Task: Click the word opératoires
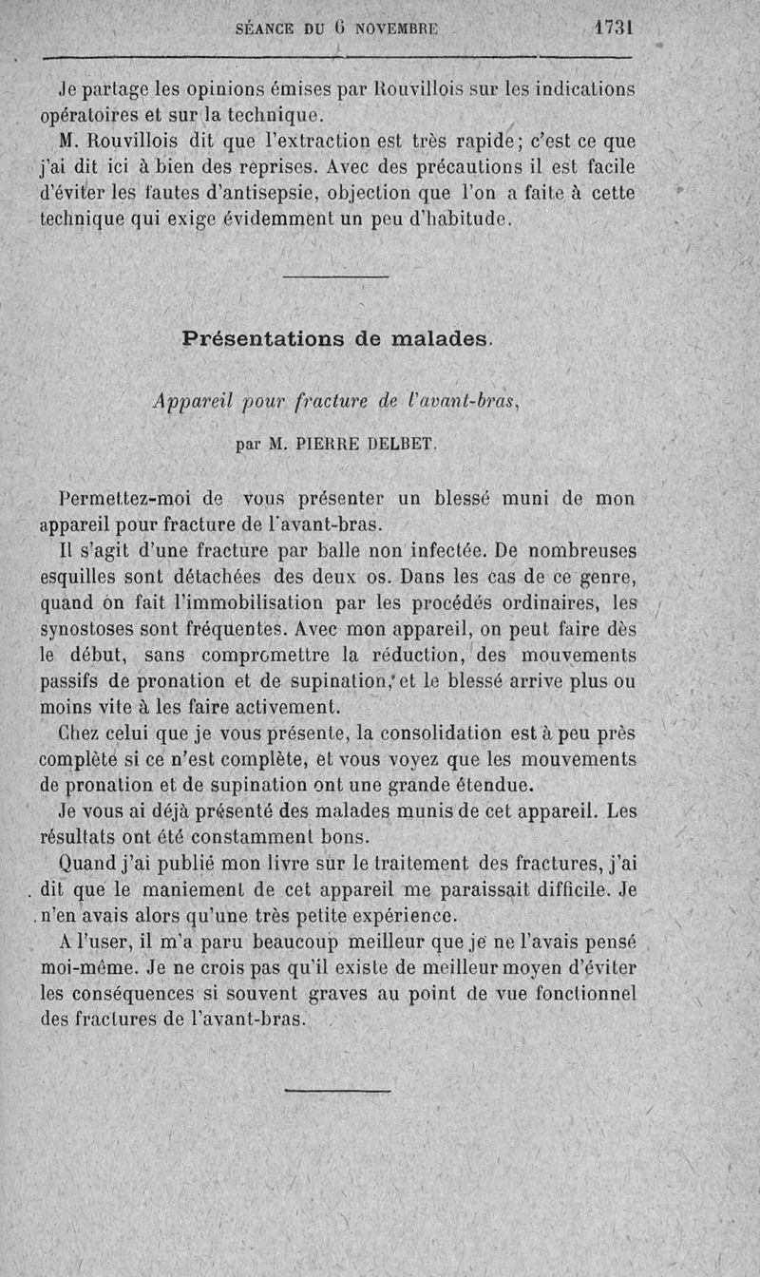92,116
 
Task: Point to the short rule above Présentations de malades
335,276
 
